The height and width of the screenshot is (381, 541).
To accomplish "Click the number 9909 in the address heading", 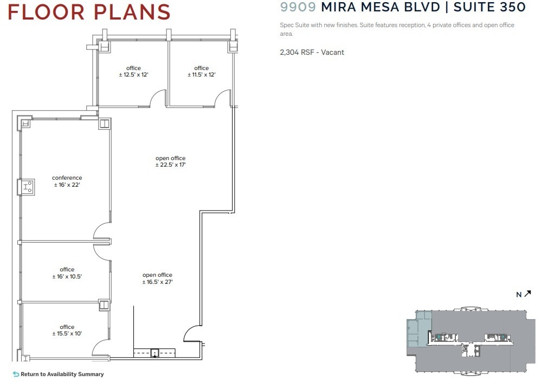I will (298, 7).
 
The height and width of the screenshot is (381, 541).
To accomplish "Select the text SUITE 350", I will (490, 7).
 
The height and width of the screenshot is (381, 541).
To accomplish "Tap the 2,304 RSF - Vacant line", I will (312, 52).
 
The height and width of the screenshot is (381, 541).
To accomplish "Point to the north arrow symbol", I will (527, 294).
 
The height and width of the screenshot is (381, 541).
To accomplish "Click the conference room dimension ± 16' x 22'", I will (67, 185).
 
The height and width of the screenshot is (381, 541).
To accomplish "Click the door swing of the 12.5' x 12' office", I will (157, 98).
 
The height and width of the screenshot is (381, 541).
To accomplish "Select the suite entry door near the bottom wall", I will (192, 333).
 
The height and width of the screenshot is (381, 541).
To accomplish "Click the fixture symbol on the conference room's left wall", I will (27, 187).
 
